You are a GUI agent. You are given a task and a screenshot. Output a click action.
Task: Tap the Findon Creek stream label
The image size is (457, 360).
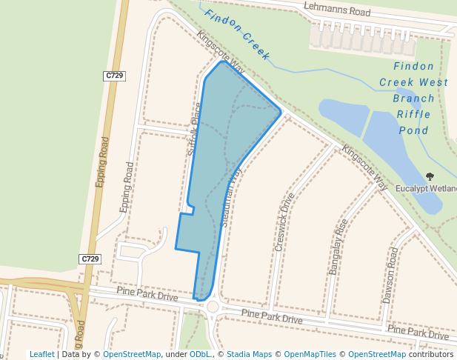pos(237,35)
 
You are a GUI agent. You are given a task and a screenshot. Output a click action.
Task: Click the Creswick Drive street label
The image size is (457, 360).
pos(284,221)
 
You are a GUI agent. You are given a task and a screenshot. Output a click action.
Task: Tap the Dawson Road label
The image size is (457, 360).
pos(390,275)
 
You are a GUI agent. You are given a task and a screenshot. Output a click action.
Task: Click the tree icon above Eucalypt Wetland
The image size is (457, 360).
pos(430,176)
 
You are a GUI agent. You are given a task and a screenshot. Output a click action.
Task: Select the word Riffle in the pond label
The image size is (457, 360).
pos(413,114)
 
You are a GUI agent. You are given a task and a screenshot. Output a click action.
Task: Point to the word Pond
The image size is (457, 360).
pos(413,130)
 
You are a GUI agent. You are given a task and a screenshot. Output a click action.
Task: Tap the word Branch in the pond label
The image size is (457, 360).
pos(413,98)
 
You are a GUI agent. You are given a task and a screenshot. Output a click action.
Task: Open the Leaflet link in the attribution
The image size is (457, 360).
pos(42,355)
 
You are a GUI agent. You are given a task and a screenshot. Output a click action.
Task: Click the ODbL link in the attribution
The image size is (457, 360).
pos(200,355)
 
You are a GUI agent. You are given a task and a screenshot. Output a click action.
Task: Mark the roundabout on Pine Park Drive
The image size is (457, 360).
pos(213,307)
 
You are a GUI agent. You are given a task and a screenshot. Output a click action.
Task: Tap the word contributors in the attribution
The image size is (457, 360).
pos(431,355)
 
